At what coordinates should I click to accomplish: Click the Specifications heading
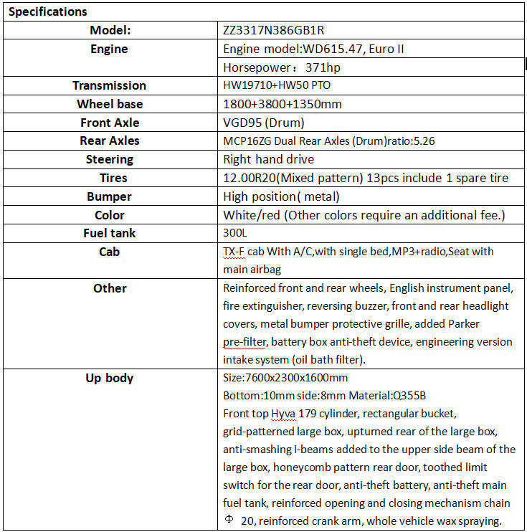coord(47,11)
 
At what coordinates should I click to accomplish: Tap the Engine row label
coord(110,49)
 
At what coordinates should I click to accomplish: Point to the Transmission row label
coord(110,85)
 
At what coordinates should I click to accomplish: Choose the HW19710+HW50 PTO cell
coord(277,86)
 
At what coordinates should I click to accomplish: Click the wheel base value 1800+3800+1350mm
coord(283,104)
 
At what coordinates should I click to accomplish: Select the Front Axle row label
coord(110,123)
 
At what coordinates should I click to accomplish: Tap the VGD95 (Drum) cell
coord(264,123)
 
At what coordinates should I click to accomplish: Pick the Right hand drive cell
coord(269,159)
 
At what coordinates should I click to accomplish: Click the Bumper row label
coord(110,196)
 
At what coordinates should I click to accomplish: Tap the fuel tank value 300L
coord(235,234)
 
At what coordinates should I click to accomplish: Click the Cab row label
coord(110,252)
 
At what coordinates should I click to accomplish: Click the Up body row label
coord(110,378)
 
